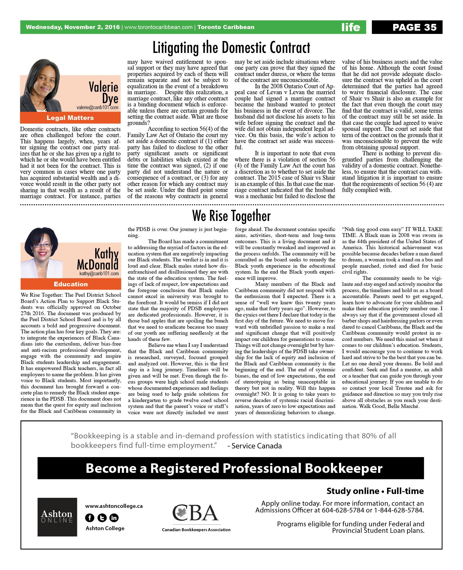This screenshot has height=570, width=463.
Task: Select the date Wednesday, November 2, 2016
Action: [73, 27]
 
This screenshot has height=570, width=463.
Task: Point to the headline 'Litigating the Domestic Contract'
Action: [231, 47]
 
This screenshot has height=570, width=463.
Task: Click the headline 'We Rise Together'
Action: [231, 216]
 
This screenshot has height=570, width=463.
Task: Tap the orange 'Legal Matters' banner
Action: [70, 118]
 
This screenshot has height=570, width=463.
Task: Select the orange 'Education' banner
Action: [71, 284]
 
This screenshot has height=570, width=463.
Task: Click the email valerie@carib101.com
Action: [97, 107]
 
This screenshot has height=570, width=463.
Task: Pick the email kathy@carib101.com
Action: [99, 274]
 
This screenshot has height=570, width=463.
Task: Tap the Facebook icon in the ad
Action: [89, 518]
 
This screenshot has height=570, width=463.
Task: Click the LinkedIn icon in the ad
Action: [114, 518]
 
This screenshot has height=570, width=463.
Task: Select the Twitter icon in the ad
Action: [102, 518]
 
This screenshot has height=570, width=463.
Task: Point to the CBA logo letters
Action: [196, 513]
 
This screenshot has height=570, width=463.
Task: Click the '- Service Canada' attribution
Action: [254, 446]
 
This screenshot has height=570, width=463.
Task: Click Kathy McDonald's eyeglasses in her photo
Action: [42, 245]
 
